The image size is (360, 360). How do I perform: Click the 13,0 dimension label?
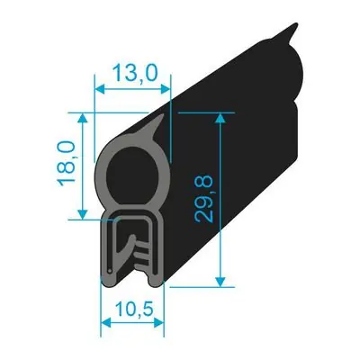coord(134,74)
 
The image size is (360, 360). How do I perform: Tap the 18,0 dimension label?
coord(67,164)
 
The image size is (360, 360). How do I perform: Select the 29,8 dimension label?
coord(203,199)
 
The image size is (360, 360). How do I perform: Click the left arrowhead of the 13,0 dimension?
coord(100,89)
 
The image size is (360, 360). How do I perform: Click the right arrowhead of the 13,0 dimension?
coord(165,89)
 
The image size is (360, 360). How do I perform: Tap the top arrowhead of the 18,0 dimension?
coord(83,118)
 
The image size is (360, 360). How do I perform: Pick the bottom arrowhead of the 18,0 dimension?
coord(83,214)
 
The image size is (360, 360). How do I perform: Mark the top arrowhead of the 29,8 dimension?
coord(220,118)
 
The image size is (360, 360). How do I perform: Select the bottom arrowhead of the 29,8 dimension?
coord(220,282)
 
